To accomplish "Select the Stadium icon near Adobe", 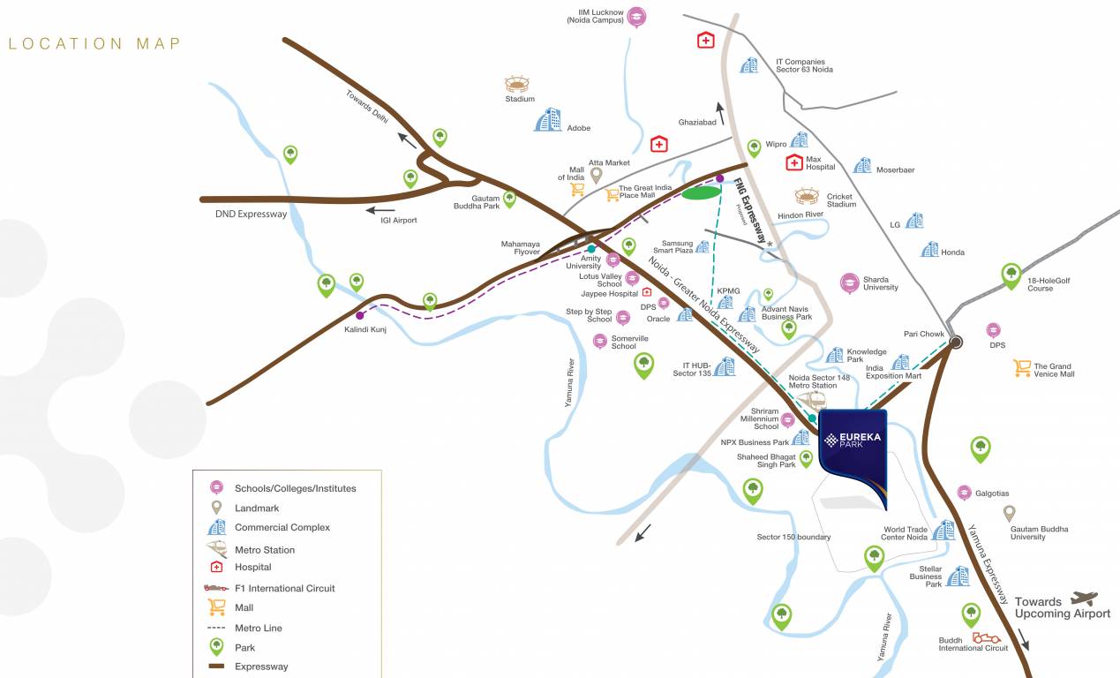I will pyautogui.click(x=517, y=84).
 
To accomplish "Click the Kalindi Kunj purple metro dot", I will pyautogui.click(x=359, y=315).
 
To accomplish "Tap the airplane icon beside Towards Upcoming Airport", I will pyautogui.click(x=1083, y=599).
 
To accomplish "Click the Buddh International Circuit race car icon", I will pyautogui.click(x=985, y=637).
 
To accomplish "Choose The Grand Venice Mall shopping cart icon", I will pyautogui.click(x=1022, y=368).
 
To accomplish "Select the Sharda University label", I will pyautogui.click(x=880, y=283).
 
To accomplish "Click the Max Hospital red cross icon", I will pyautogui.click(x=794, y=162).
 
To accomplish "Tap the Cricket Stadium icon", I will pyautogui.click(x=807, y=196).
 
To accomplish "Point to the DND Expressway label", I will pyautogui.click(x=252, y=214).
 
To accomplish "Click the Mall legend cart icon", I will pyautogui.click(x=215, y=607).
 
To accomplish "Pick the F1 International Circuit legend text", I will pyautogui.click(x=284, y=588).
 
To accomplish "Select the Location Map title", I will pyautogui.click(x=94, y=43).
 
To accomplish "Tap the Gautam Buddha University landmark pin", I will pyautogui.click(x=1009, y=513).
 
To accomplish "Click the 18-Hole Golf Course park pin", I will pyautogui.click(x=1011, y=275).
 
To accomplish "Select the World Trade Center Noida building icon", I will pyautogui.click(x=943, y=530).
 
